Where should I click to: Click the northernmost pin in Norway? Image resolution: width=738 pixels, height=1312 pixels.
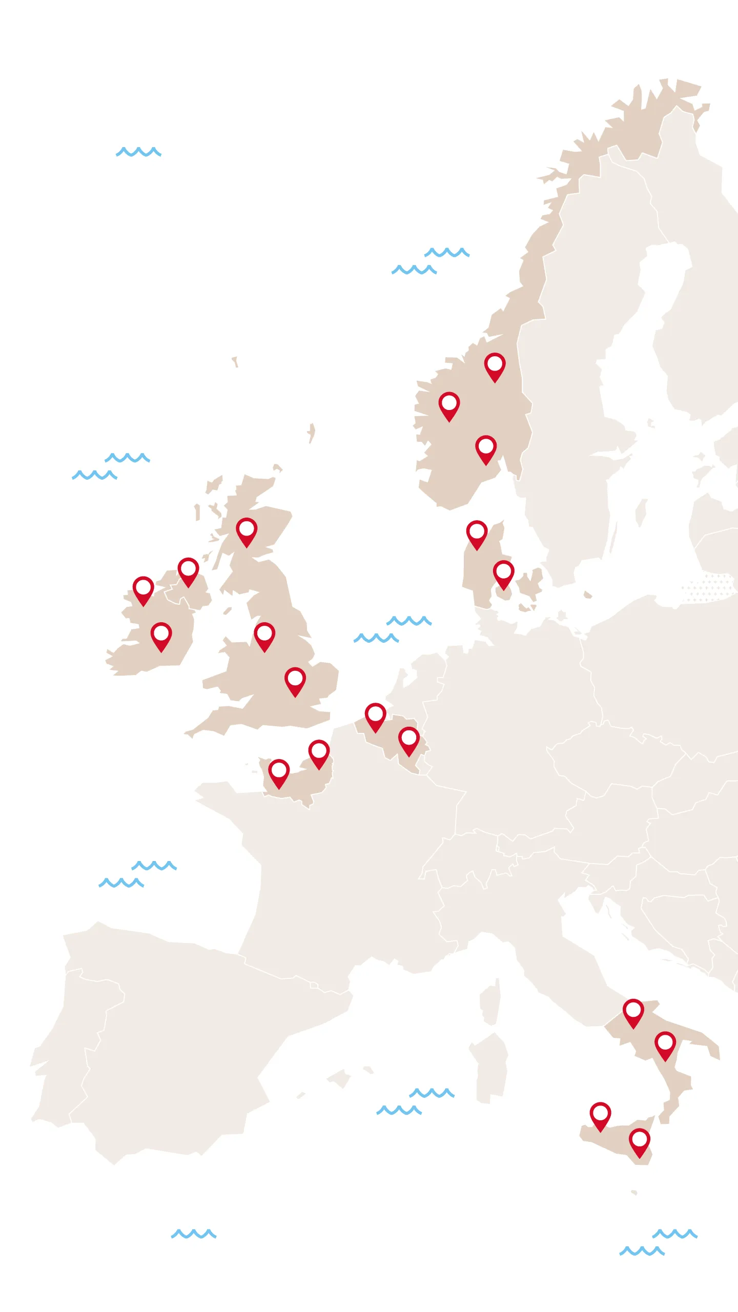[x=495, y=365]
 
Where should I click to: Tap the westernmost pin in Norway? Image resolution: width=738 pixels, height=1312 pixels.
[x=449, y=405]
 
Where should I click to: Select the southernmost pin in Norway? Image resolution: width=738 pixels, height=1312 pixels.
[x=485, y=448]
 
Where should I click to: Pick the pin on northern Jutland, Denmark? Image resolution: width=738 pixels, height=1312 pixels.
[x=477, y=533]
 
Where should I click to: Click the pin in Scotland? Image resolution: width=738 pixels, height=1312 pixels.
[x=247, y=530]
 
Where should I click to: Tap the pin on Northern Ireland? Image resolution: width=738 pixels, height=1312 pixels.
[x=188, y=570]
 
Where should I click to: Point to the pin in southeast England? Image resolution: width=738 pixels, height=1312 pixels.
[x=295, y=680]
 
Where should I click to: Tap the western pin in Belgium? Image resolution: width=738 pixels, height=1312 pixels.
[x=375, y=715]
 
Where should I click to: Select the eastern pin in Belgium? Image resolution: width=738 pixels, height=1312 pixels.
[x=409, y=740]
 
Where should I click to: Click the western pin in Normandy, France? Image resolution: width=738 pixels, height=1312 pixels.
[x=279, y=772]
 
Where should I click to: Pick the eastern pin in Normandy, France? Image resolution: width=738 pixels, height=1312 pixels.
[x=319, y=752]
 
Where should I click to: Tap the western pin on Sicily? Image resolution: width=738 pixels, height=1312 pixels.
[x=600, y=1115]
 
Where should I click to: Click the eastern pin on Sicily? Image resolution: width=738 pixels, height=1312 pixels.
[x=640, y=1141]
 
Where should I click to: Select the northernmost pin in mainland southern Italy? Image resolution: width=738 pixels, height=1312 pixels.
[x=633, y=1012]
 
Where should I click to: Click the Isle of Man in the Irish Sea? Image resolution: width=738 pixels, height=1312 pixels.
[x=228, y=611]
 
